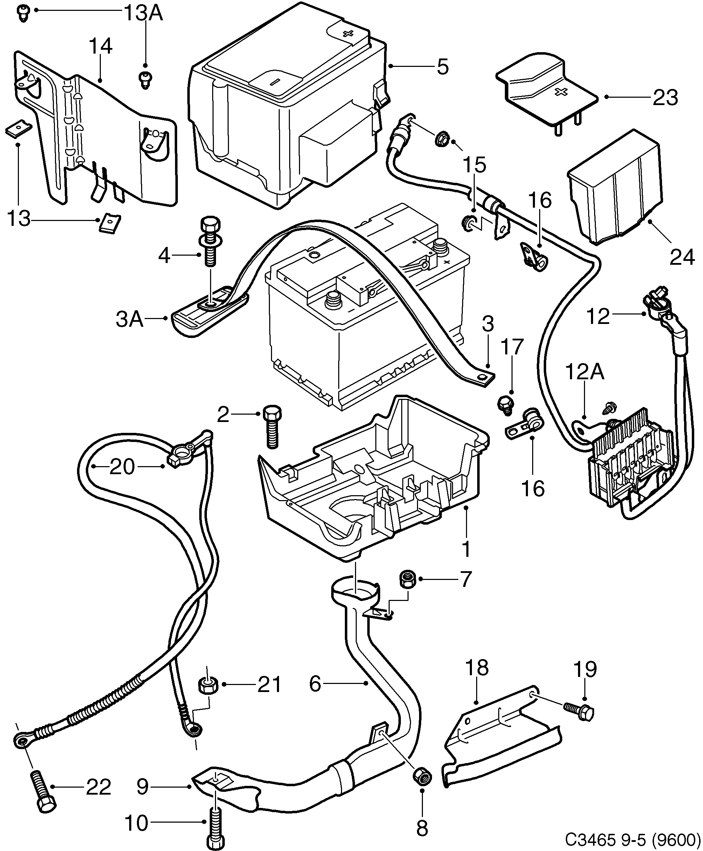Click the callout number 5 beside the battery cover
click(x=443, y=66)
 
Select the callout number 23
click(x=665, y=97)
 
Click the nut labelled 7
click(x=408, y=579)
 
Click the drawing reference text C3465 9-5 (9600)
click(x=633, y=840)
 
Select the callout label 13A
click(x=142, y=13)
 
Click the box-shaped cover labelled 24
click(x=613, y=188)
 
